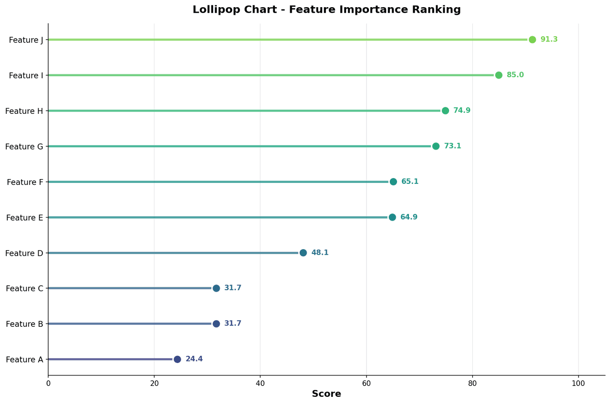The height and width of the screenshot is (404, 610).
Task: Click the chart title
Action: (326, 10)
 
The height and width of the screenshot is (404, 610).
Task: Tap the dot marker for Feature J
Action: (532, 40)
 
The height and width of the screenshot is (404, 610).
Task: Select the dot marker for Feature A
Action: (177, 359)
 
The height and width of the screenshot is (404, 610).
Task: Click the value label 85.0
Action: (515, 75)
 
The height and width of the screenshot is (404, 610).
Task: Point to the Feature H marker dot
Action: (445, 111)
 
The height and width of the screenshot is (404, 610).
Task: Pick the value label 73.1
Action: (452, 146)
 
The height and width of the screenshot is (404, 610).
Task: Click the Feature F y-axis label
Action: (25, 182)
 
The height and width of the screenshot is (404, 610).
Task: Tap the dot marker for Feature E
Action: (392, 217)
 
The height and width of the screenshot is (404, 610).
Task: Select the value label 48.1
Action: (320, 253)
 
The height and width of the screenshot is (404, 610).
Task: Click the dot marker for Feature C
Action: (216, 288)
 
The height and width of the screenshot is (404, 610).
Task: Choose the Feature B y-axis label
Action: (24, 324)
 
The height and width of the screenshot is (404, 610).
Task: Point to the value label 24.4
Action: (194, 359)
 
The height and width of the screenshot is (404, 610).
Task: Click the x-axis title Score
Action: (326, 394)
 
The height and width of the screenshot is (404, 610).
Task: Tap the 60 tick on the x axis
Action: (366, 383)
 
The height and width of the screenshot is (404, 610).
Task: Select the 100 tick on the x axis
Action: (579, 383)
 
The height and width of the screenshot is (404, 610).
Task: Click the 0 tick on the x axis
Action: (48, 383)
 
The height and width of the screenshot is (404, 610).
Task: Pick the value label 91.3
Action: (549, 40)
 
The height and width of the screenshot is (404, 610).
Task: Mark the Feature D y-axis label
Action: (24, 253)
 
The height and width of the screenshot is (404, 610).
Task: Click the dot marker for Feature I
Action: (498, 75)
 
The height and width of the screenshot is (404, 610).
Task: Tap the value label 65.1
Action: (410, 182)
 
